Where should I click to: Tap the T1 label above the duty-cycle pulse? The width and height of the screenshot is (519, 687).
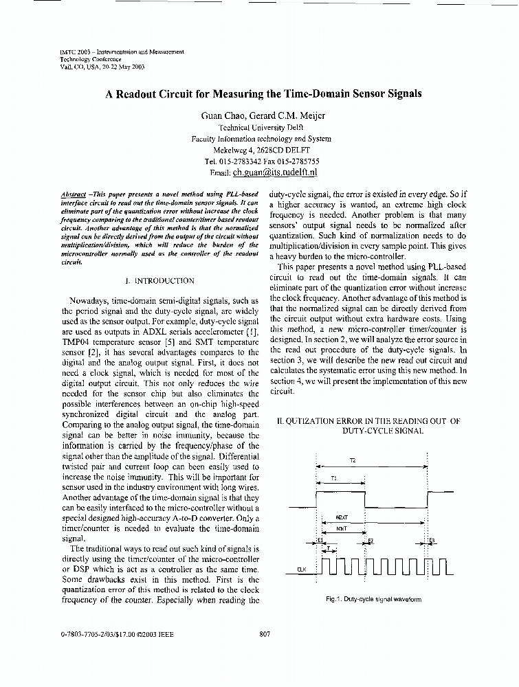coord(334,478)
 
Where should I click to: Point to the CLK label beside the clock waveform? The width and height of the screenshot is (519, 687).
coord(301,570)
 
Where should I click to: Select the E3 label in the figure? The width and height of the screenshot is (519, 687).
coord(432,541)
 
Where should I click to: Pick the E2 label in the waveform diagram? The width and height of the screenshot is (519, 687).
coord(371,541)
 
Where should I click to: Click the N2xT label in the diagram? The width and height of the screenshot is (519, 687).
coord(341,517)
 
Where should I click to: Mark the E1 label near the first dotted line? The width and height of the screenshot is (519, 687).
coord(320,541)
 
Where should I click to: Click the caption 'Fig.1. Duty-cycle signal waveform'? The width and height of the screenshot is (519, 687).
coord(374,599)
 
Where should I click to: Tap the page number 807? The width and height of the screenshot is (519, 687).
coord(264,634)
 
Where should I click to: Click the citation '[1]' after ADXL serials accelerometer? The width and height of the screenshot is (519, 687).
coord(252,333)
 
